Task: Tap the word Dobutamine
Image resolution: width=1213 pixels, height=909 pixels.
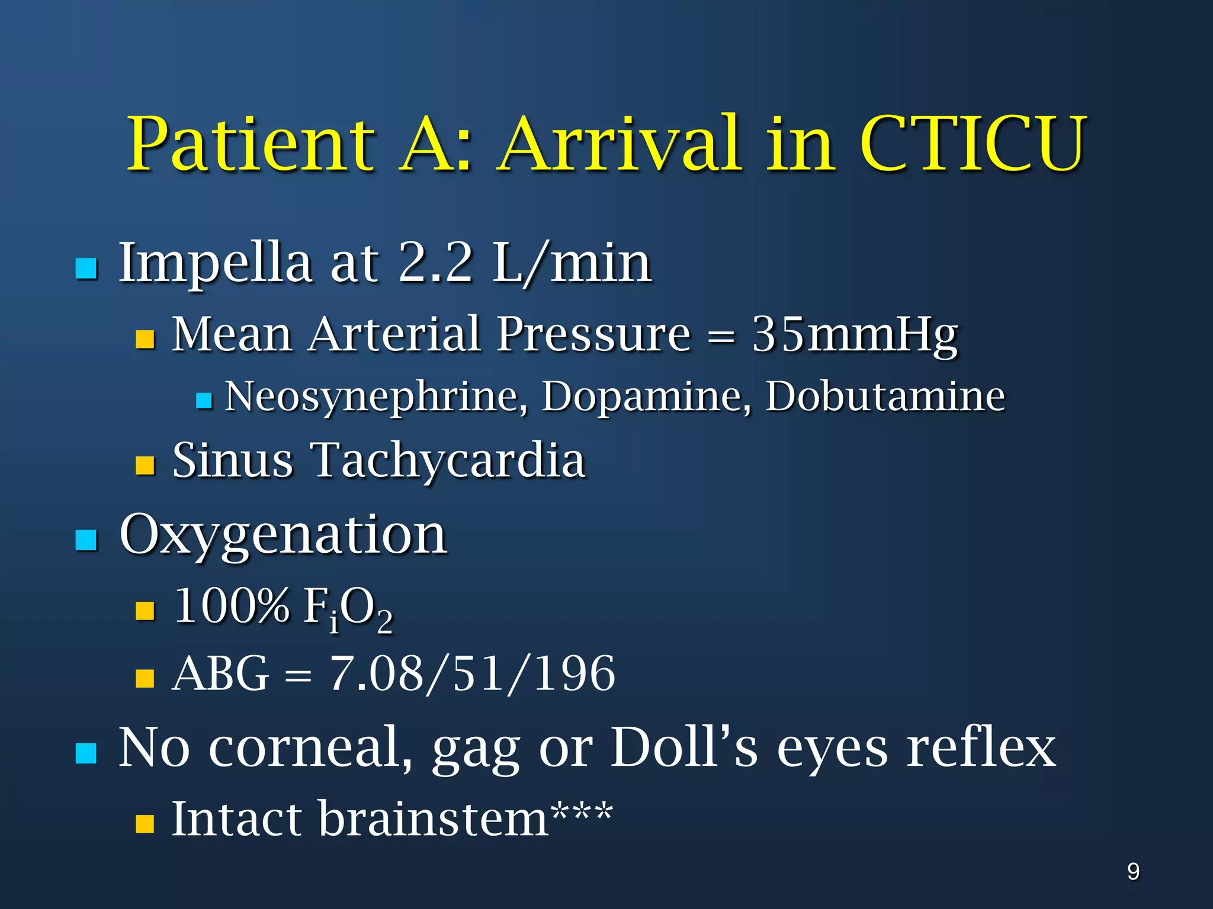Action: point(885,396)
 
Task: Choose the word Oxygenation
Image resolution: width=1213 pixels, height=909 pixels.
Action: point(283,534)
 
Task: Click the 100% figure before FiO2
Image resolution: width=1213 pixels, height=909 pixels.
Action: point(232,606)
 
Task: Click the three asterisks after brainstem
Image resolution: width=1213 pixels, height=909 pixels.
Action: point(582,813)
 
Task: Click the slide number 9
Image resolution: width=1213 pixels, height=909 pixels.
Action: point(1133,872)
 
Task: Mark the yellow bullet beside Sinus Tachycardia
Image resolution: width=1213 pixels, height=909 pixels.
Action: point(145,466)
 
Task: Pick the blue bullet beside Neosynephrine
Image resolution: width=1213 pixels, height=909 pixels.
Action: point(204,401)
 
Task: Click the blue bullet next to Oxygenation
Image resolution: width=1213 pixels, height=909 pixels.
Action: point(86,540)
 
